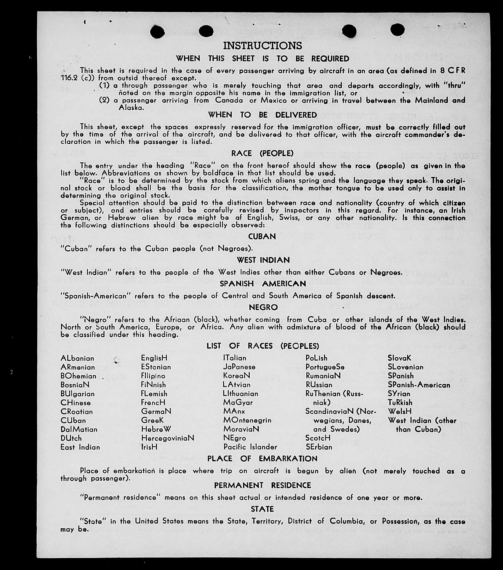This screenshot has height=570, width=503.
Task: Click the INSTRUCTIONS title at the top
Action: pos(262,46)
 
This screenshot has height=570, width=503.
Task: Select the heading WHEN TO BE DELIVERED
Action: pos(262,115)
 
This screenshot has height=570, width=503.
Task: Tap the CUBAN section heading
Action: pos(262,237)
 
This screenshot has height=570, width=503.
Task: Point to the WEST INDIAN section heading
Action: pos(263,260)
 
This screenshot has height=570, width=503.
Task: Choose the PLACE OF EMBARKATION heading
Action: pos(262,459)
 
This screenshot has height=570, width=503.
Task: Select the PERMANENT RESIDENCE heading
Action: pos(262,486)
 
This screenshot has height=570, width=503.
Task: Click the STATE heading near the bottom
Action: pos(262,509)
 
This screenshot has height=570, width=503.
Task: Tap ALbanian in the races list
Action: pos(77,358)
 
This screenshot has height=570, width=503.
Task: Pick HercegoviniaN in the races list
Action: pos(167,438)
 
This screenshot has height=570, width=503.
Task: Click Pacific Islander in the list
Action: pos(250,447)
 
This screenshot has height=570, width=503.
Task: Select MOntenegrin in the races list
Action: pos(247,420)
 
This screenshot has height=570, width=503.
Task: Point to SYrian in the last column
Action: pos(399,394)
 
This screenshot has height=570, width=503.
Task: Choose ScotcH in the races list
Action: pos(318,438)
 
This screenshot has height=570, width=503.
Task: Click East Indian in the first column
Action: pos(80,447)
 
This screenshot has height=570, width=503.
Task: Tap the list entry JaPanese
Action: pos(239,367)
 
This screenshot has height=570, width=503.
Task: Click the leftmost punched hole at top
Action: pos(157,31)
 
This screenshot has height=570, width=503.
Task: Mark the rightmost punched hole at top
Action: pos(397,30)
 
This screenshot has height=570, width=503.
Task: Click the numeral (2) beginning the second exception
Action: pos(104,100)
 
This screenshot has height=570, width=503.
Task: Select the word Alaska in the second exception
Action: pos(131,108)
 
